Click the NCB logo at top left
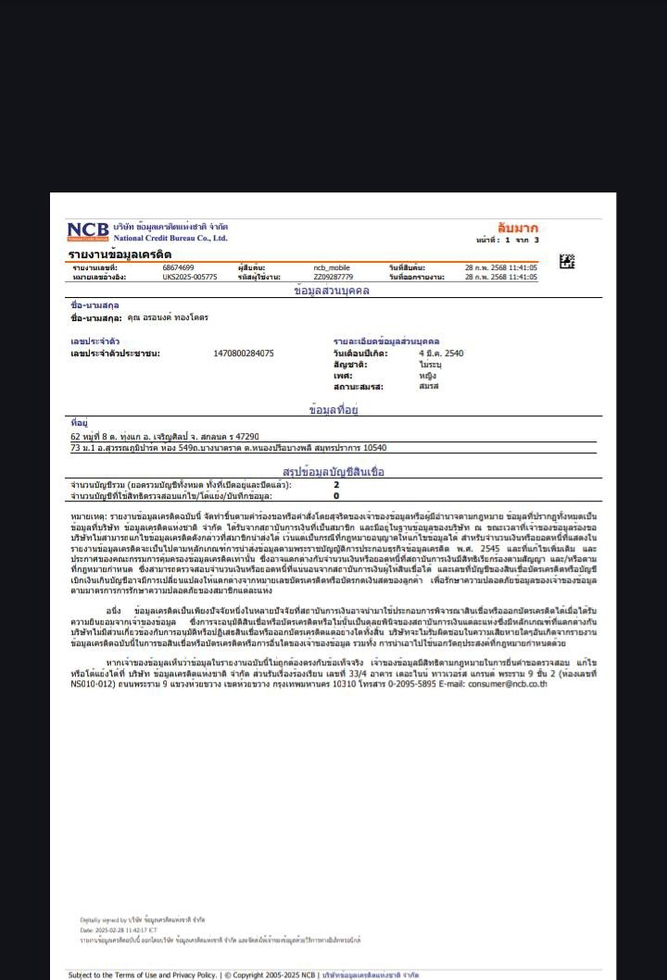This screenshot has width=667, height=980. (88, 231)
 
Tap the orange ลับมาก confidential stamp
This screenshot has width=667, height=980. (517, 228)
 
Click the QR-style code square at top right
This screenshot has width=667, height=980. (567, 261)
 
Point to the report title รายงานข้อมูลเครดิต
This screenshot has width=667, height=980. (120, 254)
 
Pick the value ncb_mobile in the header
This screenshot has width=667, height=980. (332, 267)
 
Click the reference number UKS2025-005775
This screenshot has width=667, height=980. (190, 277)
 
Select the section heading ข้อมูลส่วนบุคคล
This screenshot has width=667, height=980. (331, 291)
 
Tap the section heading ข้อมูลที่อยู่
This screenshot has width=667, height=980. (333, 409)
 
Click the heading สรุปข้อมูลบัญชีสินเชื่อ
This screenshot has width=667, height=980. (333, 472)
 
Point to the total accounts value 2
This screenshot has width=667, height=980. (336, 485)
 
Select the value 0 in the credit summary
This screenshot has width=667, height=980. (336, 496)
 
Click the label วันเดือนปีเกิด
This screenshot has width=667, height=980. (360, 354)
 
